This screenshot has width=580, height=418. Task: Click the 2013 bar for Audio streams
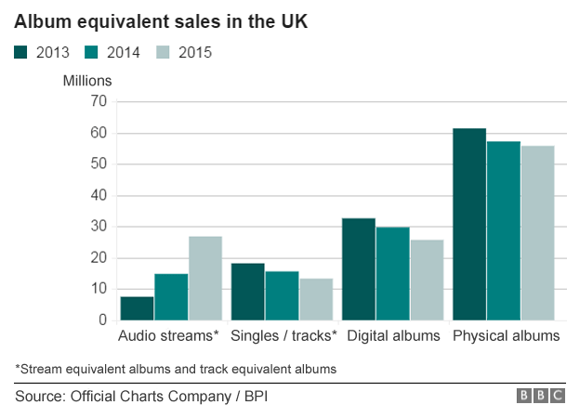pyautogui.click(x=137, y=308)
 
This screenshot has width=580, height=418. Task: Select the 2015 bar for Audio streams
pyautogui.click(x=205, y=279)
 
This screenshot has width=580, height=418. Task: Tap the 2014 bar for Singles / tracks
pyautogui.click(x=282, y=295)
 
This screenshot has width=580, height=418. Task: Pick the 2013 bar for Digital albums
pyautogui.click(x=359, y=269)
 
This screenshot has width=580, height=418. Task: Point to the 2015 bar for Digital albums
pyautogui.click(x=427, y=281)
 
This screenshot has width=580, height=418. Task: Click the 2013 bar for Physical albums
pyautogui.click(x=469, y=225)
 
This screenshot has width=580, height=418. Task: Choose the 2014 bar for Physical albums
pyautogui.click(x=504, y=230)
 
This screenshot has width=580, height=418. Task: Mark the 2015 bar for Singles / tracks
pyautogui.click(x=316, y=299)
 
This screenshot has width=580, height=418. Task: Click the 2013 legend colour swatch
pyautogui.click(x=20, y=52)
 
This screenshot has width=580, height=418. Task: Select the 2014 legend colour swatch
pyautogui.click(x=91, y=52)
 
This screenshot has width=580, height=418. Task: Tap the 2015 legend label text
pyautogui.click(x=195, y=52)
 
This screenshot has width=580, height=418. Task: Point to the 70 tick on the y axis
pyautogui.click(x=99, y=101)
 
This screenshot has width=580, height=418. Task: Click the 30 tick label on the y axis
pyautogui.click(x=99, y=227)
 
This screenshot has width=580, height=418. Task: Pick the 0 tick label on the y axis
pyautogui.click(x=103, y=320)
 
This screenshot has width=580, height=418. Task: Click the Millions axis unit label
pyautogui.click(x=87, y=81)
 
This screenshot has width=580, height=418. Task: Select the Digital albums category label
pyautogui.click(x=393, y=336)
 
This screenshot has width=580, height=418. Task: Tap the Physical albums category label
pyautogui.click(x=506, y=336)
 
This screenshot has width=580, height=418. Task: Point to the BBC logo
pyautogui.click(x=541, y=396)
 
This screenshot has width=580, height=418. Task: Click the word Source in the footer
pyautogui.click(x=40, y=397)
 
